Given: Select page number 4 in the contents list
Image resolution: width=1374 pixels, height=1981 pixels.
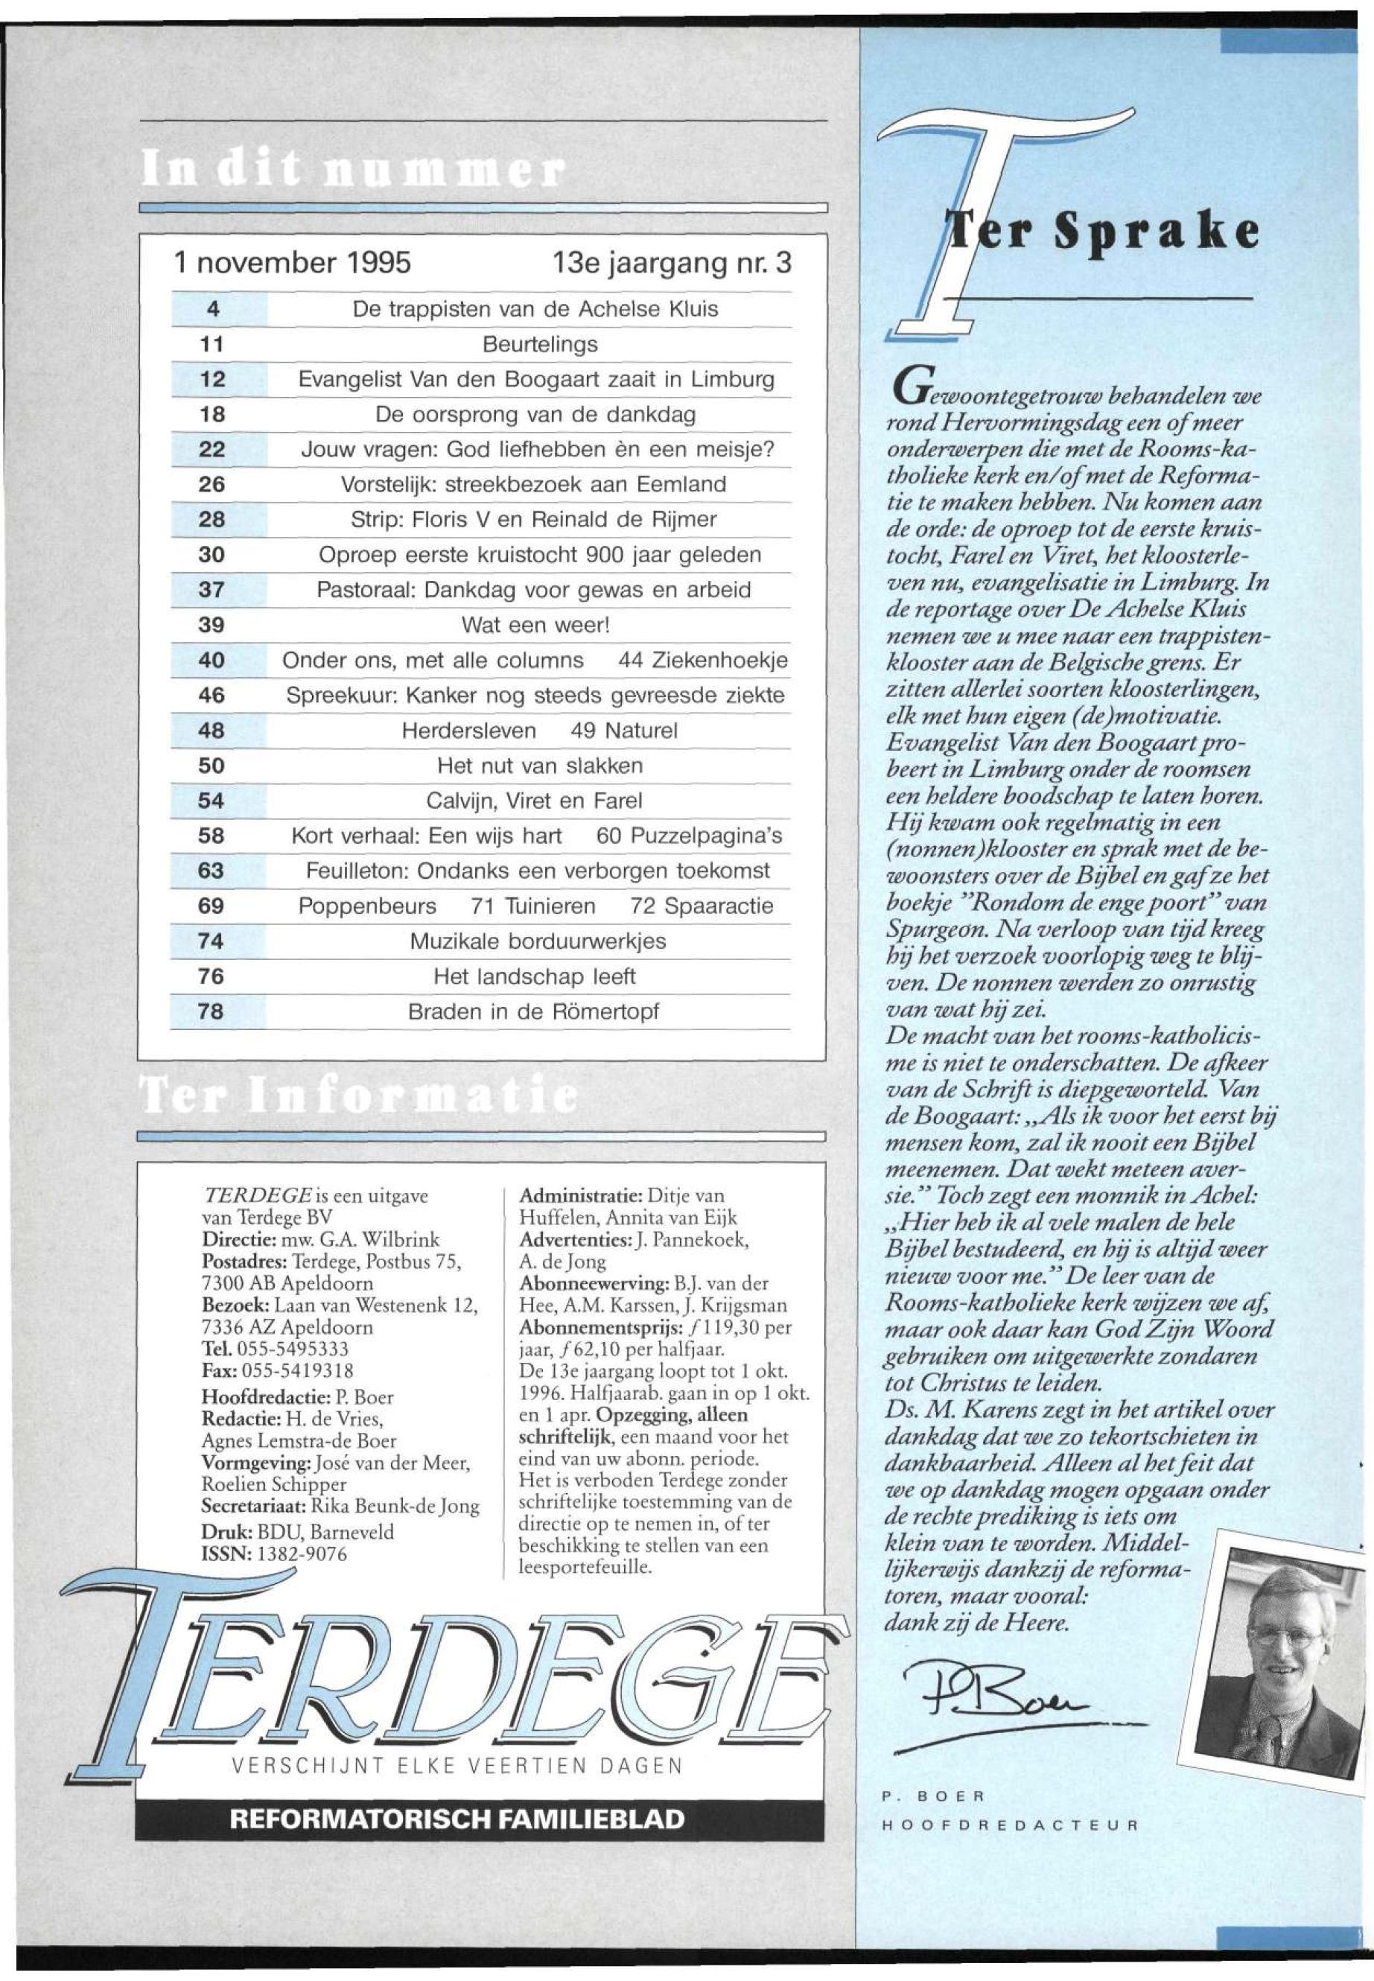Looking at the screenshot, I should pyautogui.click(x=211, y=309).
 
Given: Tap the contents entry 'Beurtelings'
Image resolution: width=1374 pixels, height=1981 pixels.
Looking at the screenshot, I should pyautogui.click(x=539, y=344).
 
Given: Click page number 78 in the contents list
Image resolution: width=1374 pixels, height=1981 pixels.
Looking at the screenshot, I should pyautogui.click(x=211, y=1011).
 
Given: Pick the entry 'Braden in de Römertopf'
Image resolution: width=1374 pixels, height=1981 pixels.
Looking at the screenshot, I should pyautogui.click(x=533, y=1011).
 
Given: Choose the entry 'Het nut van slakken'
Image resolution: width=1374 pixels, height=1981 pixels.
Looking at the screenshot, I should pyautogui.click(x=540, y=766).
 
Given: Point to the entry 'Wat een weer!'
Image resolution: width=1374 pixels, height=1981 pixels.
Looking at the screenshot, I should pyautogui.click(x=535, y=624).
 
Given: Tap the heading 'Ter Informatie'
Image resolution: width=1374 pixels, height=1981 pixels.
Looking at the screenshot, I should pyautogui.click(x=357, y=1098).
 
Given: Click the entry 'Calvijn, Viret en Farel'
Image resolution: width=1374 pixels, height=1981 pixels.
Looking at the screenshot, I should pyautogui.click(x=534, y=801).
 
